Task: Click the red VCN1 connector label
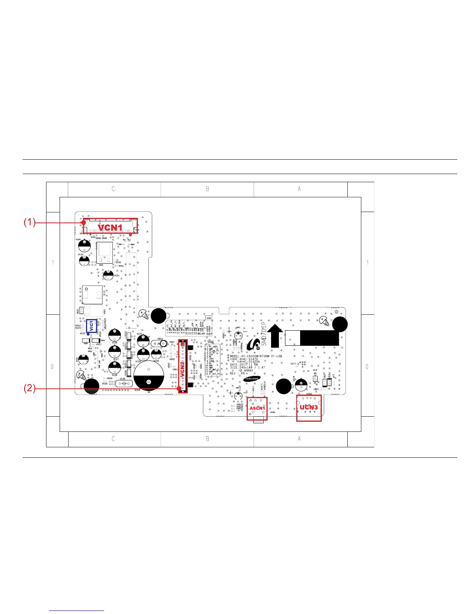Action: [x=110, y=227]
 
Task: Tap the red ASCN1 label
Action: [x=257, y=409]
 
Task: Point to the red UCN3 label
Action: [x=309, y=407]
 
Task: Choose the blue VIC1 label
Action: [x=91, y=326]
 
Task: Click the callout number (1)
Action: [x=29, y=222]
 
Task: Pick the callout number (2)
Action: [x=29, y=388]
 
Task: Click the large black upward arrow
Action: [x=275, y=336]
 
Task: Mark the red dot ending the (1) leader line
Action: [x=84, y=222]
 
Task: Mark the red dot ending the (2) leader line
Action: [x=179, y=388]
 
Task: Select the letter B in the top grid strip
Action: [x=208, y=189]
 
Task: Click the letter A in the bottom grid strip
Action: [x=299, y=439]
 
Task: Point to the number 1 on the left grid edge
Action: [x=53, y=263]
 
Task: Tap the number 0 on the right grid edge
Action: [x=367, y=367]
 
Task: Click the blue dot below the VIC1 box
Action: [x=88, y=334]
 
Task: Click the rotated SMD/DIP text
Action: [x=264, y=333]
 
